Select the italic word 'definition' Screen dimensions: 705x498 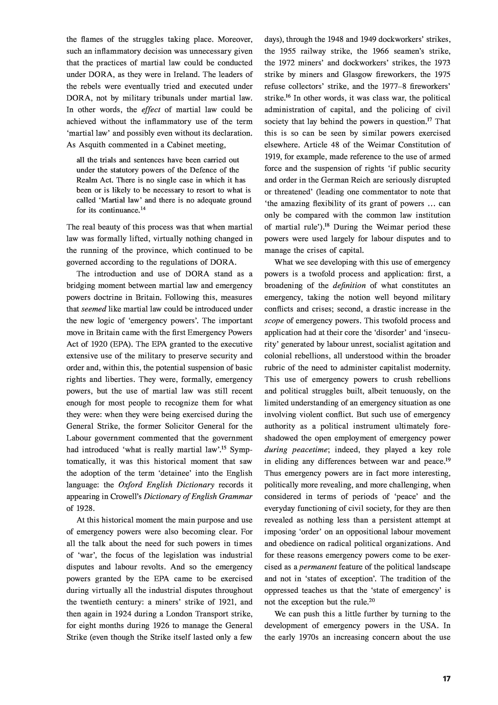pyautogui.click(x=349, y=286)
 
